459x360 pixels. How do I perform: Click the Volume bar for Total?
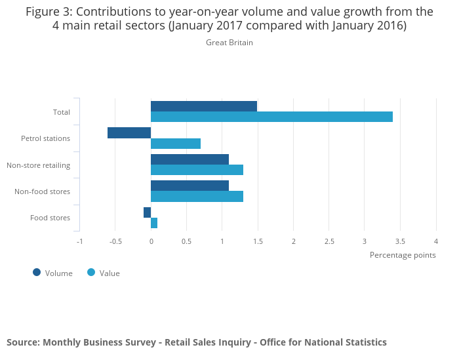click(204, 106)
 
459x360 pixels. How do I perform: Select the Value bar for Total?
click(271, 117)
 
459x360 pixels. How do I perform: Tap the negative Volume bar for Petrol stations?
click(129, 132)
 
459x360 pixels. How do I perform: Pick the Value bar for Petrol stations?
click(176, 144)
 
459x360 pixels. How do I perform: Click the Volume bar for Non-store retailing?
click(190, 159)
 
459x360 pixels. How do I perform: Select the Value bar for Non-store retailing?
click(197, 170)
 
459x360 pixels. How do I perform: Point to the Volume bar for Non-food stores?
click(190, 186)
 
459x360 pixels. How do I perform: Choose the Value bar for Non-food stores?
click(197, 196)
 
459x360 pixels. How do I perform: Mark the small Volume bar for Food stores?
click(148, 212)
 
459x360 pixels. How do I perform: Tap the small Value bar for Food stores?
click(154, 223)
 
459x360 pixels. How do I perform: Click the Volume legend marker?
click(37, 272)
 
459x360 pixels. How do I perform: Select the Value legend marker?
click(91, 272)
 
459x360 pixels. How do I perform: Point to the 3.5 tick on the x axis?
click(400, 241)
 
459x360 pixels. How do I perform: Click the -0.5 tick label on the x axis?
click(115, 241)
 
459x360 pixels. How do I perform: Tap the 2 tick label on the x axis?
click(293, 241)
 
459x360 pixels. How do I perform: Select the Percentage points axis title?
click(403, 255)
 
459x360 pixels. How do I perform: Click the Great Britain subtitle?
click(229, 43)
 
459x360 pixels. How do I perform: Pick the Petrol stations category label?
click(45, 138)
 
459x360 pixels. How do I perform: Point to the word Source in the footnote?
click(22, 342)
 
